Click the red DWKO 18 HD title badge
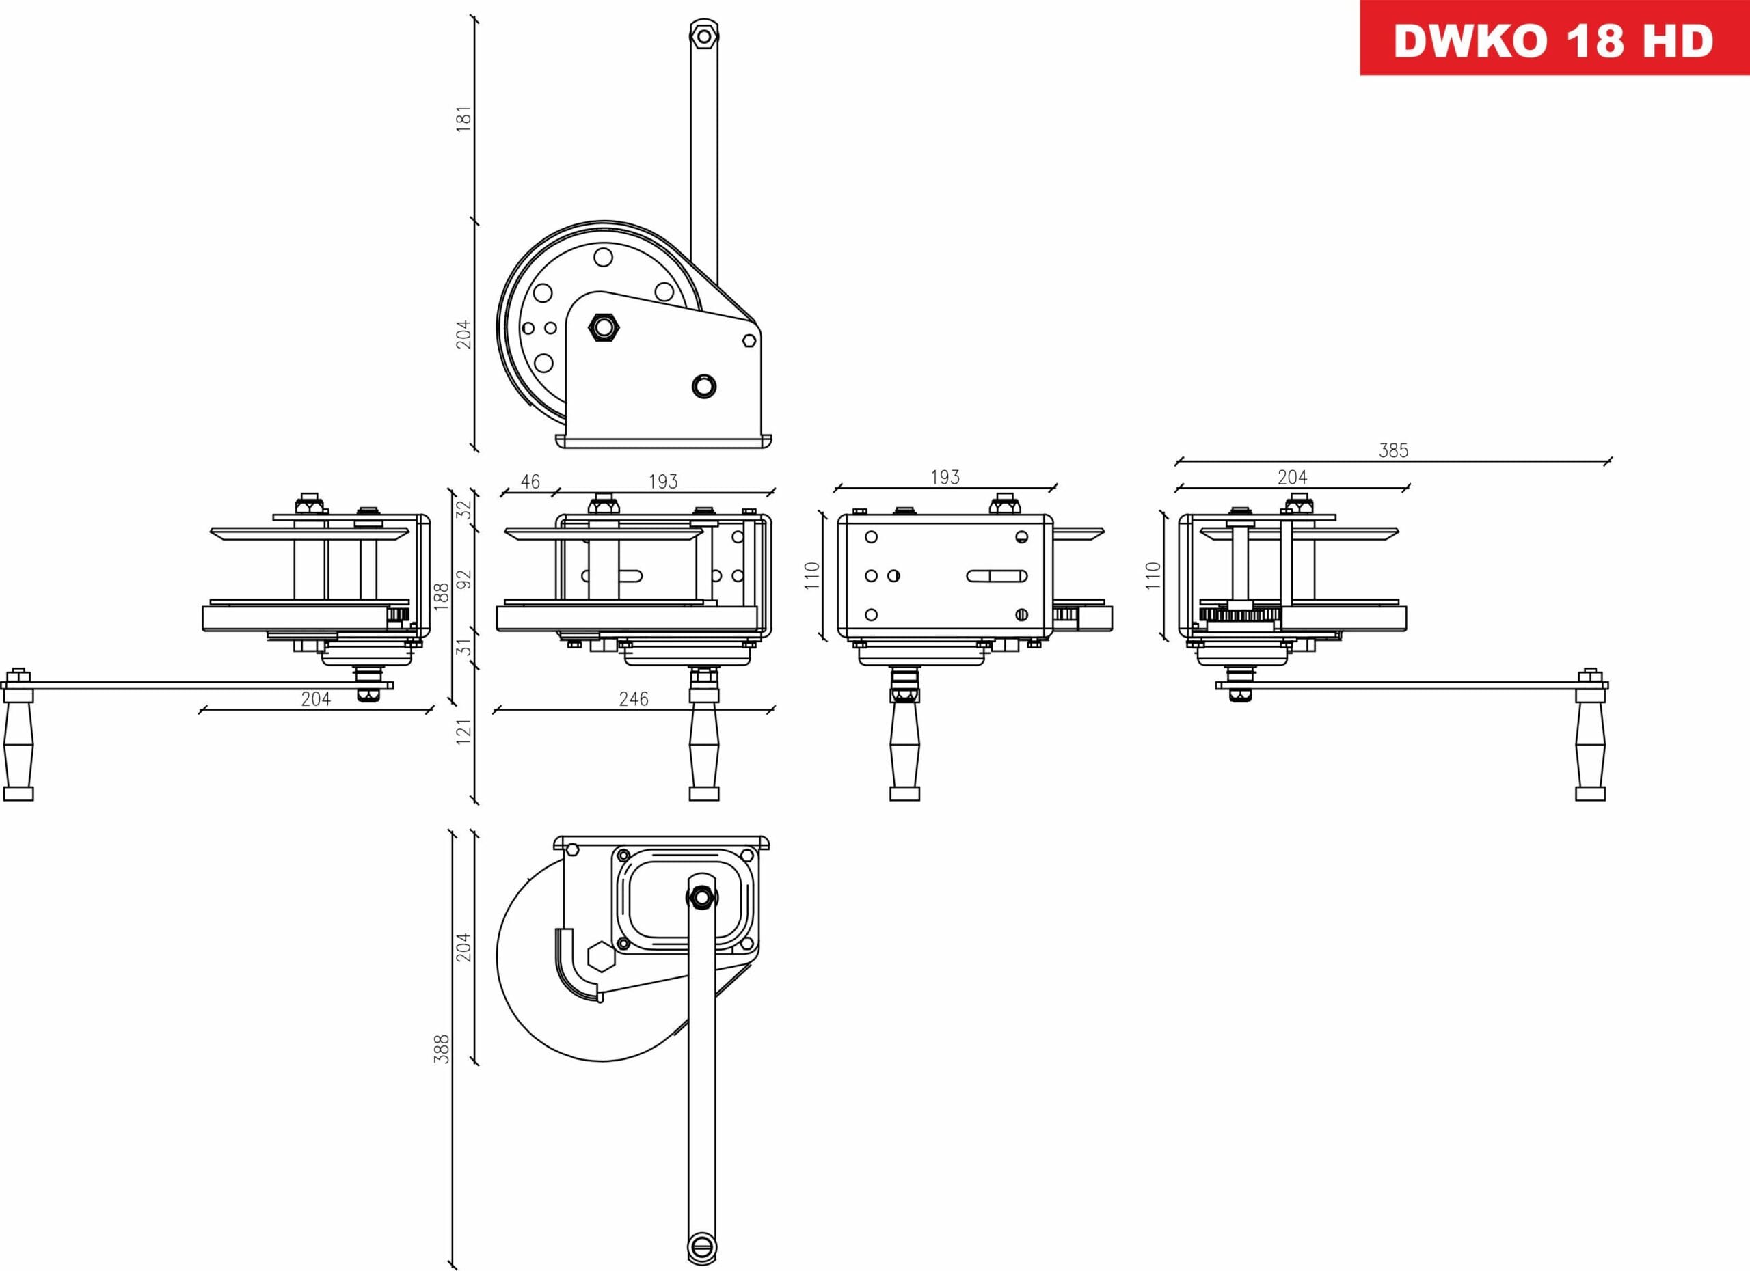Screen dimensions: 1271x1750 tap(1553, 38)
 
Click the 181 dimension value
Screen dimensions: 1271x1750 tap(463, 120)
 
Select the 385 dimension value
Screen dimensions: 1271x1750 tap(1394, 450)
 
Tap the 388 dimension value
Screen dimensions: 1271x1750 tap(442, 1049)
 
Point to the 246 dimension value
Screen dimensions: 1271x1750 tap(634, 699)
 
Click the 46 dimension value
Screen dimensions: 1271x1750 tap(530, 482)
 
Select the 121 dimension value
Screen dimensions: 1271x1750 tap(463, 731)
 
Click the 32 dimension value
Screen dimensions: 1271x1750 tap(463, 510)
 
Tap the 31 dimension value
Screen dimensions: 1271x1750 tap(463, 646)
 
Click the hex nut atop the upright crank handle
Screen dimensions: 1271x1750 tap(703, 36)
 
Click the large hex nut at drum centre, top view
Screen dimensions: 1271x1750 tap(604, 327)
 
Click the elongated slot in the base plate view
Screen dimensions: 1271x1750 tap(996, 575)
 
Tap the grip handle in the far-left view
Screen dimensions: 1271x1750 tap(18, 743)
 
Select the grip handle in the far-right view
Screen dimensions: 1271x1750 tap(1590, 743)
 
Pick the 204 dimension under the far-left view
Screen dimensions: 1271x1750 tap(316, 699)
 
